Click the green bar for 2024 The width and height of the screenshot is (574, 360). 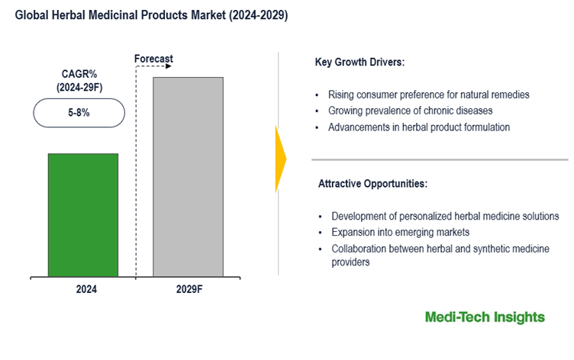(83, 214)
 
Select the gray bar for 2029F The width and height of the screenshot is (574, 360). (188, 176)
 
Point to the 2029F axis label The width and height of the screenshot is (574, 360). (188, 291)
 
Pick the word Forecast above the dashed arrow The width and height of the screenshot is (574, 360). (153, 59)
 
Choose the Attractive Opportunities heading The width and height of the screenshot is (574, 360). (372, 184)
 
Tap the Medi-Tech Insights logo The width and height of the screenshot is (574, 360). (485, 317)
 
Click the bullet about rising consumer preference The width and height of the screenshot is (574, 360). (428, 95)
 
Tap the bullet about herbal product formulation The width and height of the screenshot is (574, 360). (418, 127)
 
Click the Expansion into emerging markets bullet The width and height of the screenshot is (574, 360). (400, 233)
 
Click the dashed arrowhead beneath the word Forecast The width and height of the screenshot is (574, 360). (168, 66)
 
